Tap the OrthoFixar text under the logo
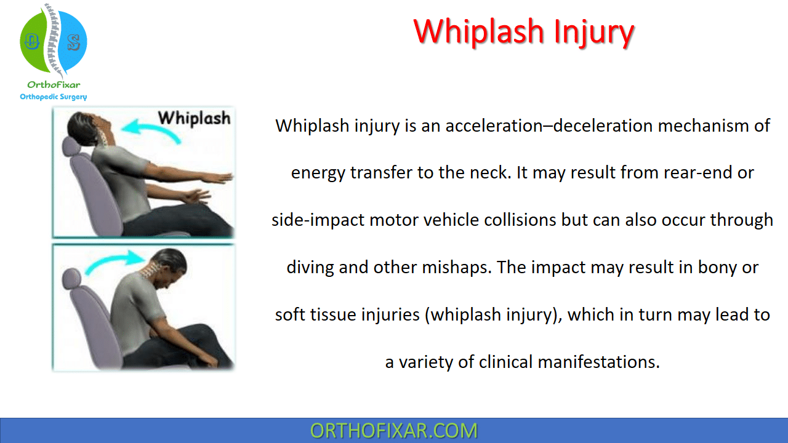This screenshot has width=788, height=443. tap(54, 85)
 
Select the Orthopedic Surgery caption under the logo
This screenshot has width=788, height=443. tap(54, 97)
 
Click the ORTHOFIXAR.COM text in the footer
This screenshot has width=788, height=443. tap(393, 431)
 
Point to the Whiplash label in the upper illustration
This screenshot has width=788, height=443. tap(194, 118)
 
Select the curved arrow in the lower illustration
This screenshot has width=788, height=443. tap(115, 261)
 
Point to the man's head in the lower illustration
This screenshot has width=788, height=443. tap(169, 266)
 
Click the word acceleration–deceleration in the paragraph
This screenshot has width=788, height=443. tap(549, 126)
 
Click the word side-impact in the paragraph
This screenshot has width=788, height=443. tap(318, 220)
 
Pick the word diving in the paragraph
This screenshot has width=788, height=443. tap(310, 268)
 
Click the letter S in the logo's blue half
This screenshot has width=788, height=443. tap(73, 42)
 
